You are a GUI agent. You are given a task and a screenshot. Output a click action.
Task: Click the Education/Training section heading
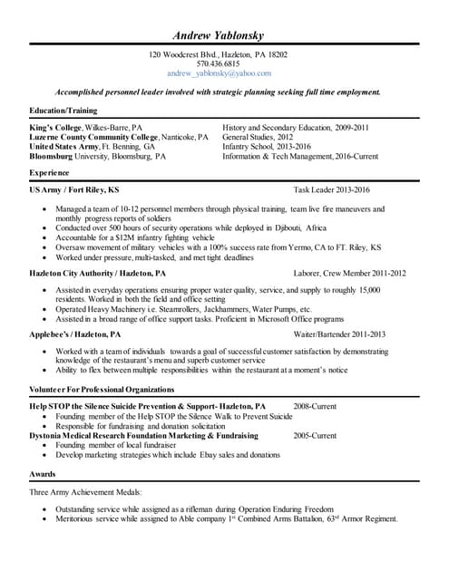[x=64, y=111]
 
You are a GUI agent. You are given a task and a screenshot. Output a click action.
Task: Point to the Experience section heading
[x=50, y=171]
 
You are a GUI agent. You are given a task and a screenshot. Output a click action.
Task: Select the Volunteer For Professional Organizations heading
[x=109, y=389]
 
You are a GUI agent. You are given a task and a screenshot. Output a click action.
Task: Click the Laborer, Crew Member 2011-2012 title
[x=349, y=273]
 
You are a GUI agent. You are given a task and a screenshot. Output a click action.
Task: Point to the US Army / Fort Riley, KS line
[x=74, y=190]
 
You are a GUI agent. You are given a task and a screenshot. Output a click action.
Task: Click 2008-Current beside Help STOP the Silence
[x=317, y=407]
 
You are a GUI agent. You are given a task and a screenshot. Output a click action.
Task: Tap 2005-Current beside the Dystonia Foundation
[x=317, y=436]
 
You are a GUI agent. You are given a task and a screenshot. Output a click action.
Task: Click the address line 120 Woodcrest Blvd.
[x=218, y=55]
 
